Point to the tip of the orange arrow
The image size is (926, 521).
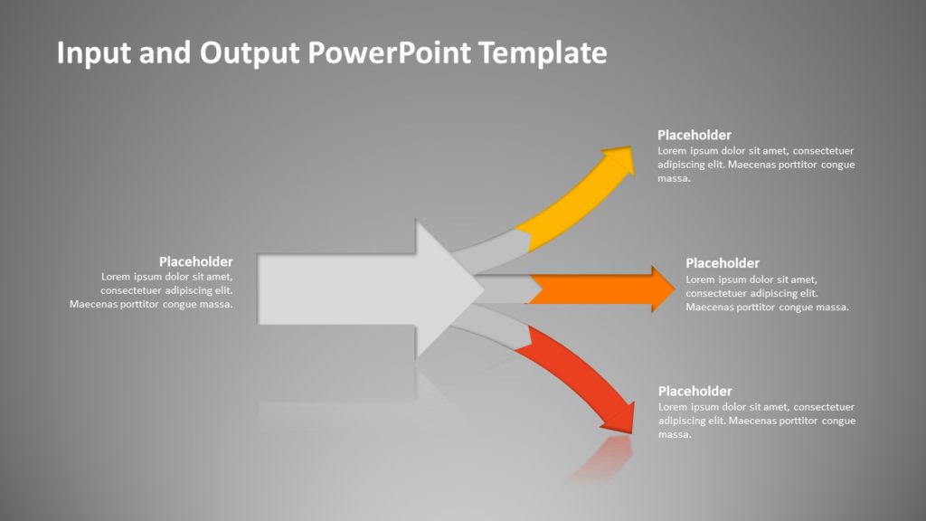click(x=675, y=289)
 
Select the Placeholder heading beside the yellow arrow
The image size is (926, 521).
click(x=694, y=135)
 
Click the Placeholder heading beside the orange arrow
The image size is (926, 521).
click(x=722, y=263)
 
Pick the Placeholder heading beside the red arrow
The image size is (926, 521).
click(x=694, y=391)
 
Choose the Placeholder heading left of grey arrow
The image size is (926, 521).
click(x=195, y=261)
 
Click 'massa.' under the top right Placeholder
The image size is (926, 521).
click(x=674, y=178)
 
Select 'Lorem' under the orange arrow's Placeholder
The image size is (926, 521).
click(x=702, y=279)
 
